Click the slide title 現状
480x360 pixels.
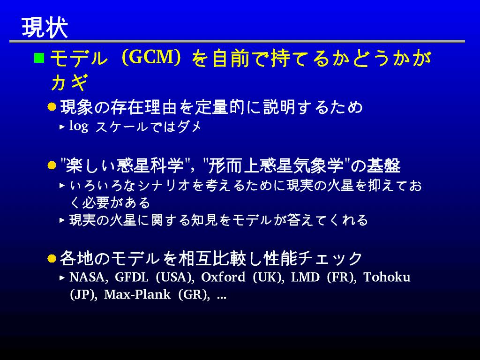click(x=45, y=28)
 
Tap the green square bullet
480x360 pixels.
click(x=39, y=58)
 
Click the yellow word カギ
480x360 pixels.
click(x=70, y=82)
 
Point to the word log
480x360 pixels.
click(x=79, y=126)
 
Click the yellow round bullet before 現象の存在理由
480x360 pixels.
click(x=52, y=107)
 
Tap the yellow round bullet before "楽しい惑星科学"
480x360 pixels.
click(x=52, y=165)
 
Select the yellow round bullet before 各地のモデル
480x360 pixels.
click(x=52, y=258)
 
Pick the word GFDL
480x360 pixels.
click(x=132, y=277)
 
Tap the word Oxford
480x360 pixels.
click(x=223, y=277)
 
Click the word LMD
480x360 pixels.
click(x=305, y=277)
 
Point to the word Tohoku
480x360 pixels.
click(x=387, y=277)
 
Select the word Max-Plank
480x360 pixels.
click(x=137, y=295)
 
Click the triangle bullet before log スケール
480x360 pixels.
click(x=62, y=127)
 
